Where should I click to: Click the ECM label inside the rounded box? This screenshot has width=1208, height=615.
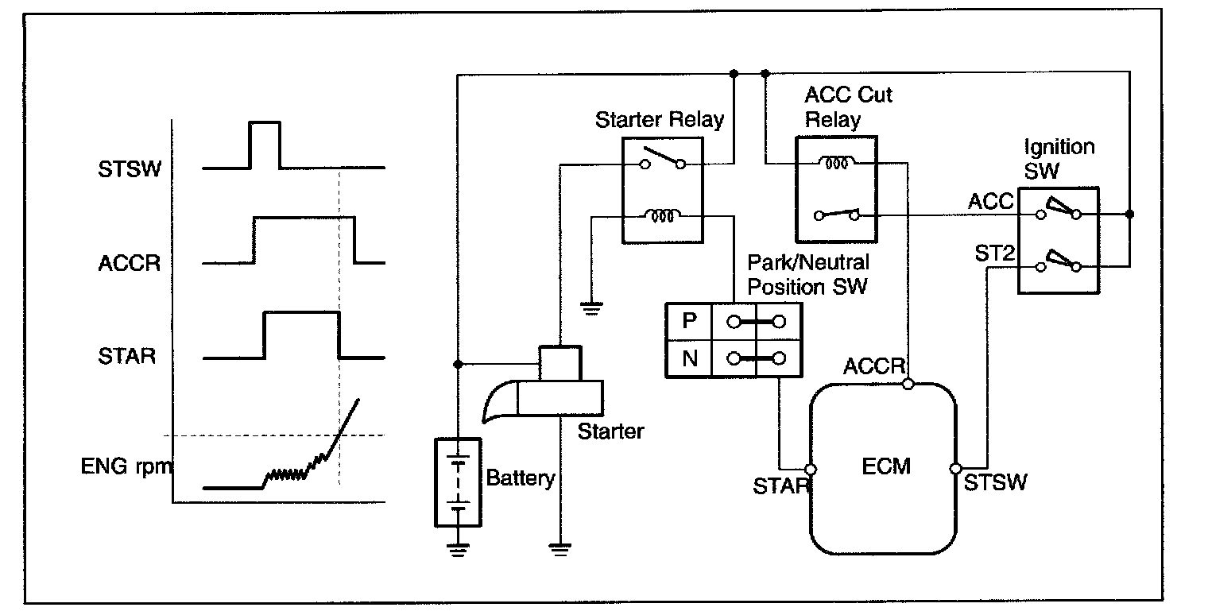click(x=886, y=466)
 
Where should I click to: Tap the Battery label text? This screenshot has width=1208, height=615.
click(x=521, y=478)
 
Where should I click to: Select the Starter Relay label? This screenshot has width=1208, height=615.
click(x=660, y=120)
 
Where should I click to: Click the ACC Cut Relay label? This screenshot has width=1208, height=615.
click(x=848, y=106)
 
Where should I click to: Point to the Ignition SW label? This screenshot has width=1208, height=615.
click(x=1059, y=158)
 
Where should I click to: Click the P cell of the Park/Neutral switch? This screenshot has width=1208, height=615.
click(x=689, y=321)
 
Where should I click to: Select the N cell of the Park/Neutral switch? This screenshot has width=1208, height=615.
click(x=690, y=358)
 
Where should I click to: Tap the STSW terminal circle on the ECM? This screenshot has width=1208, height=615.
click(x=955, y=468)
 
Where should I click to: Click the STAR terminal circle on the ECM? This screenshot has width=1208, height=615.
click(x=810, y=470)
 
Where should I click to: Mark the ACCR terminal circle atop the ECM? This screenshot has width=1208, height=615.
click(x=908, y=384)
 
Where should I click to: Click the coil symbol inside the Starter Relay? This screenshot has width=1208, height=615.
click(x=663, y=215)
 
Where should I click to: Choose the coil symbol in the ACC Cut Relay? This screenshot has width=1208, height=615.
click(x=836, y=162)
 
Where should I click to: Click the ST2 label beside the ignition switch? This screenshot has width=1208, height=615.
click(x=994, y=253)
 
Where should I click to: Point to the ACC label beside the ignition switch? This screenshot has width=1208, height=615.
click(x=991, y=202)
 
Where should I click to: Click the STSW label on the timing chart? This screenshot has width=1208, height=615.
click(x=130, y=169)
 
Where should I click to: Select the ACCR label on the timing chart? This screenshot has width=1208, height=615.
click(x=130, y=263)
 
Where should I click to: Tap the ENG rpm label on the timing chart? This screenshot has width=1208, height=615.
click(x=127, y=466)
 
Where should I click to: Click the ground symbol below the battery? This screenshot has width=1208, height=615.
click(x=458, y=549)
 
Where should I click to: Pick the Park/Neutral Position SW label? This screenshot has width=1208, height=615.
click(x=807, y=274)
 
